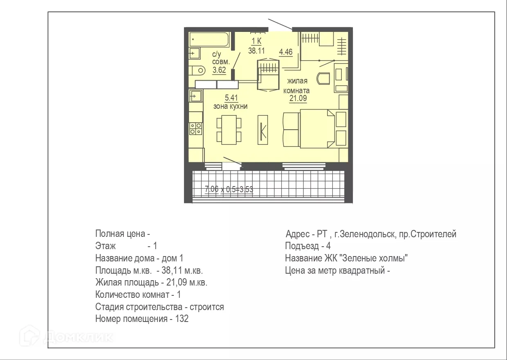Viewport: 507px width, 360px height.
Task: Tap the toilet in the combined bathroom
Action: pyautogui.click(x=198, y=70)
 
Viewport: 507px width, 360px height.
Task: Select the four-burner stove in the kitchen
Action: pyautogui.click(x=195, y=129)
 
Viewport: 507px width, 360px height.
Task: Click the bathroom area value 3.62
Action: pyautogui.click(x=219, y=70)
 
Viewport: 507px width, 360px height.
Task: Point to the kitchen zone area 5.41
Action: pyautogui.click(x=231, y=98)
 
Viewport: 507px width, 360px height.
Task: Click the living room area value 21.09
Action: pyautogui.click(x=298, y=98)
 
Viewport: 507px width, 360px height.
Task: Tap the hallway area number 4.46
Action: pyautogui.click(x=285, y=52)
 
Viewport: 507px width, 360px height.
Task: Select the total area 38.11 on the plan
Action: pyautogui.click(x=256, y=50)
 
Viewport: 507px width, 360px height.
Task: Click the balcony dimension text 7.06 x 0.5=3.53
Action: pyautogui.click(x=229, y=189)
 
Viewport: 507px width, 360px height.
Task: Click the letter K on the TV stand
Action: pyautogui.click(x=263, y=130)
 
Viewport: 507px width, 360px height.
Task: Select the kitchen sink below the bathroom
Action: pyautogui.click(x=196, y=97)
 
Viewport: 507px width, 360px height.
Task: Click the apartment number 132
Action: pyautogui.click(x=182, y=319)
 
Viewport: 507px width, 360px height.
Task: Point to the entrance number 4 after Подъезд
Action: pyautogui.click(x=328, y=246)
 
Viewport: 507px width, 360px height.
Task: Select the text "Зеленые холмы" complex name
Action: pyautogui.click(x=375, y=259)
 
